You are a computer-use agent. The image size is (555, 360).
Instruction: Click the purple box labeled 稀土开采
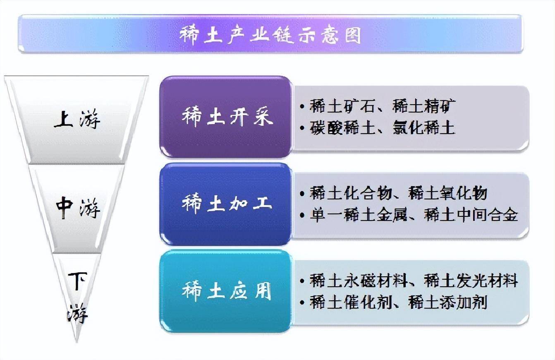pyautogui.click(x=226, y=117)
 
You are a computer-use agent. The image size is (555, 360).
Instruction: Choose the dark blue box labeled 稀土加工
pyautogui.click(x=226, y=204)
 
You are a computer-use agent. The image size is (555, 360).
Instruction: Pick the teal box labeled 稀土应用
pyautogui.click(x=226, y=291)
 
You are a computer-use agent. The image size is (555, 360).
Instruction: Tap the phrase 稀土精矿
pyautogui.click(x=424, y=106)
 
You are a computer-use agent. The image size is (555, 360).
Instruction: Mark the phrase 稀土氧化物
pyautogui.click(x=448, y=193)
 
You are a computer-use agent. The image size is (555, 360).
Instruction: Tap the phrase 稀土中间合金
pyautogui.click(x=471, y=215)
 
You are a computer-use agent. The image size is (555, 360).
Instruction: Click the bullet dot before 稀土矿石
pyautogui.click(x=303, y=107)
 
